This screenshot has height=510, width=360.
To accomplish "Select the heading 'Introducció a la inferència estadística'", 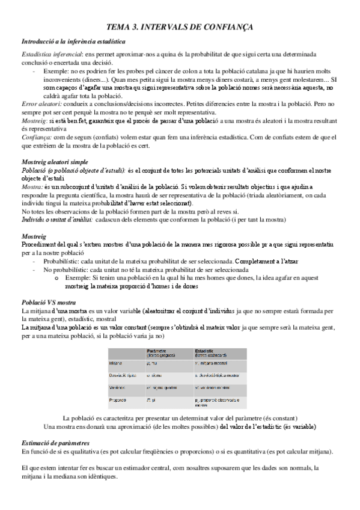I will (73, 41).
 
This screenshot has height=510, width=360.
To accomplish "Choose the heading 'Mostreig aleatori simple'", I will (55, 162).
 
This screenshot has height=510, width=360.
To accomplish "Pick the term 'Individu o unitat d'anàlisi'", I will (56, 220).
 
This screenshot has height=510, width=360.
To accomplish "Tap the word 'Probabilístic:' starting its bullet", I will (63, 263).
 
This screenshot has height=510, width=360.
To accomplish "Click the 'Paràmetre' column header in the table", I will (157, 351).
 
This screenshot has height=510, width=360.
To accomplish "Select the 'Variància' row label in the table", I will (118, 387).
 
